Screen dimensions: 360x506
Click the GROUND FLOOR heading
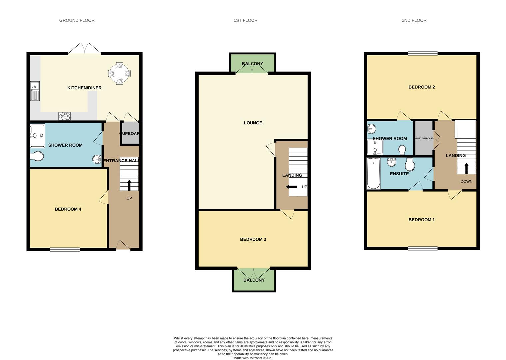pos(77,20)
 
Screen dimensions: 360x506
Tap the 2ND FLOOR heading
pos(414,20)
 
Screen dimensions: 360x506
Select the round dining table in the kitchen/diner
pos(119,73)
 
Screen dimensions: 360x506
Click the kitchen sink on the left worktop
pos(35,91)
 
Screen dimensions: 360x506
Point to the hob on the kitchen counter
pos(65,116)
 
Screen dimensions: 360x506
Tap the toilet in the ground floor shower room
pos(37,156)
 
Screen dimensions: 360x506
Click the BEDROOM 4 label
pos(68,209)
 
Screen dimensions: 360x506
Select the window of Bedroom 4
pos(65,249)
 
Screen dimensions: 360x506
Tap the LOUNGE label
pos(253,123)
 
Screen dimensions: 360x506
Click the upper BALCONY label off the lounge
pos(253,64)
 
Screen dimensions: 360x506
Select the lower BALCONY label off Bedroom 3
pos(254,280)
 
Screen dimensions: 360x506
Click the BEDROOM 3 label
pos(253,239)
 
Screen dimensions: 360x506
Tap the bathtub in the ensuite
pos(373,173)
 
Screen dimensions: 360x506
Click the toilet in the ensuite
pos(409,164)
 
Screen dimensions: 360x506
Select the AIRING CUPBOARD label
pos(424,138)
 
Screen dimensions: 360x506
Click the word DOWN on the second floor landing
pos(466,181)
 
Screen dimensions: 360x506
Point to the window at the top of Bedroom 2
pos(422,53)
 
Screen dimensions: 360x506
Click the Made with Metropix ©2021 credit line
pos(253,358)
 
